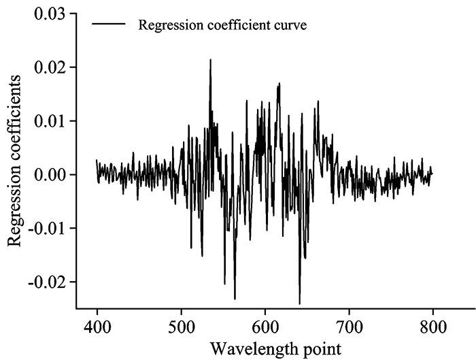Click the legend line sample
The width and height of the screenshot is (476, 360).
coord(109,24)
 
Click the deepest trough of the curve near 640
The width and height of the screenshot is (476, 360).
coord(299,304)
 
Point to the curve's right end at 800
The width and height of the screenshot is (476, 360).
coord(432,174)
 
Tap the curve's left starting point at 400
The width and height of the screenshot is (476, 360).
coord(97,161)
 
